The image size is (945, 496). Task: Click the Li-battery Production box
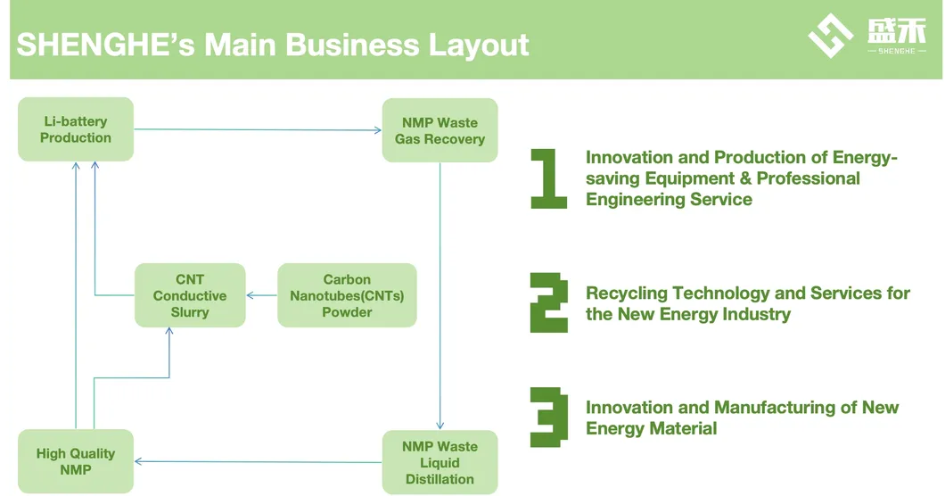[x=76, y=129]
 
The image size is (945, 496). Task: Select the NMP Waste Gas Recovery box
[x=440, y=130]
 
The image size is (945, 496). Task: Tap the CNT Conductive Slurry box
[x=189, y=295]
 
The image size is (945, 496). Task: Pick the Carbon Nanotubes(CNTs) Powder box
[x=347, y=295]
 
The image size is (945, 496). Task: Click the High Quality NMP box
[x=76, y=461]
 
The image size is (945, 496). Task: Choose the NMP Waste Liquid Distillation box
[x=440, y=462]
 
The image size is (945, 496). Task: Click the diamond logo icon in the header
[x=830, y=36]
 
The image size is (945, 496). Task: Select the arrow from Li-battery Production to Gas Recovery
[x=258, y=130]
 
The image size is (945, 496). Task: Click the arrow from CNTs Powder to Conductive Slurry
[x=261, y=295]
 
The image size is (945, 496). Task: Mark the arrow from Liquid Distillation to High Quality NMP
[x=258, y=462]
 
